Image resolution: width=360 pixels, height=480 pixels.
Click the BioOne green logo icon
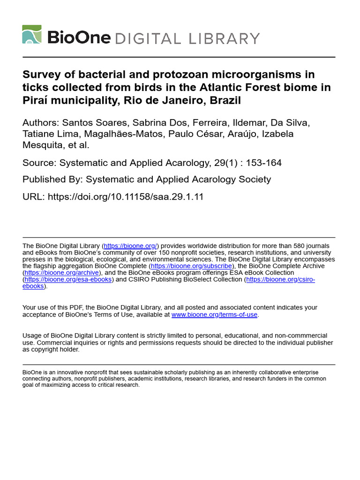[32, 35]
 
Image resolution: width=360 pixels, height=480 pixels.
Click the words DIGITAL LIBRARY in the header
[187, 38]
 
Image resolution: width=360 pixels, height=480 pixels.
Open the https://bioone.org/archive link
[61, 272]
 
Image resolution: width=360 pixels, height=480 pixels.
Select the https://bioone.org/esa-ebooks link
[68, 279]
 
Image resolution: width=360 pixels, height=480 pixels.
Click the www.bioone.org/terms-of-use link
[214, 315]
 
